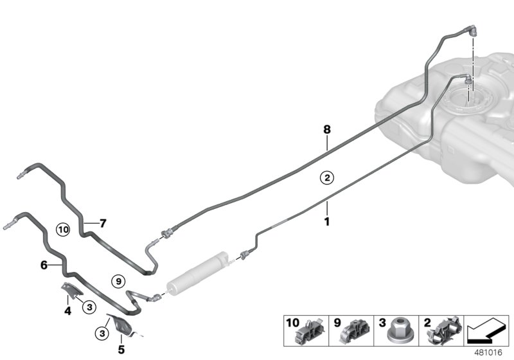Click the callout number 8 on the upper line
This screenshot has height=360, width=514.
click(x=326, y=130)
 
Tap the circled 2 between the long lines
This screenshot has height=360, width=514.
click(x=326, y=177)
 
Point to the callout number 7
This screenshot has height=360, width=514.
click(x=102, y=224)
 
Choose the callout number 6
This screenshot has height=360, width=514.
click(x=44, y=264)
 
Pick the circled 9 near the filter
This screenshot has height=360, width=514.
click(x=116, y=280)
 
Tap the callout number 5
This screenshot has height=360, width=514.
click(x=121, y=350)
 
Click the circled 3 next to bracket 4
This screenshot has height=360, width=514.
click(x=89, y=307)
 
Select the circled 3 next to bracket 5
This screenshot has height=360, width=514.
click(x=101, y=333)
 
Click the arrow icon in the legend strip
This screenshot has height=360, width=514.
click(x=486, y=331)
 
